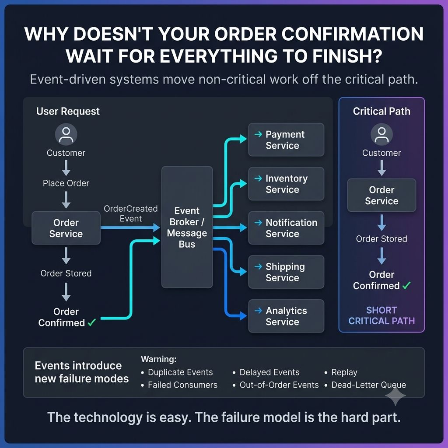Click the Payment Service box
[286, 140]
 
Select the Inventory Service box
[286, 184]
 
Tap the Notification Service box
[286, 227]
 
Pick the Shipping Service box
[286, 272]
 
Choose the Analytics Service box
[286, 316]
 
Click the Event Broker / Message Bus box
[187, 227]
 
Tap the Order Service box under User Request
[66, 227]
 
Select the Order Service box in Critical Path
[381, 195]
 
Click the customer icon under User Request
[66, 135]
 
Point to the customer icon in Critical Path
[381, 135]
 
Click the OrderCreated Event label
[130, 213]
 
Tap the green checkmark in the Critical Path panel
[406, 285]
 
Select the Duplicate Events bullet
[177, 372]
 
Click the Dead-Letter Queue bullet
[365, 385]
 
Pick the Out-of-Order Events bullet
[276, 385]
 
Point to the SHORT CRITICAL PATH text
[381, 315]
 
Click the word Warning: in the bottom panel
[158, 359]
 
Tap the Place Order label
[66, 183]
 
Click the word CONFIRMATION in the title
[352, 34]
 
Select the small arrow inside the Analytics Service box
[258, 310]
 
